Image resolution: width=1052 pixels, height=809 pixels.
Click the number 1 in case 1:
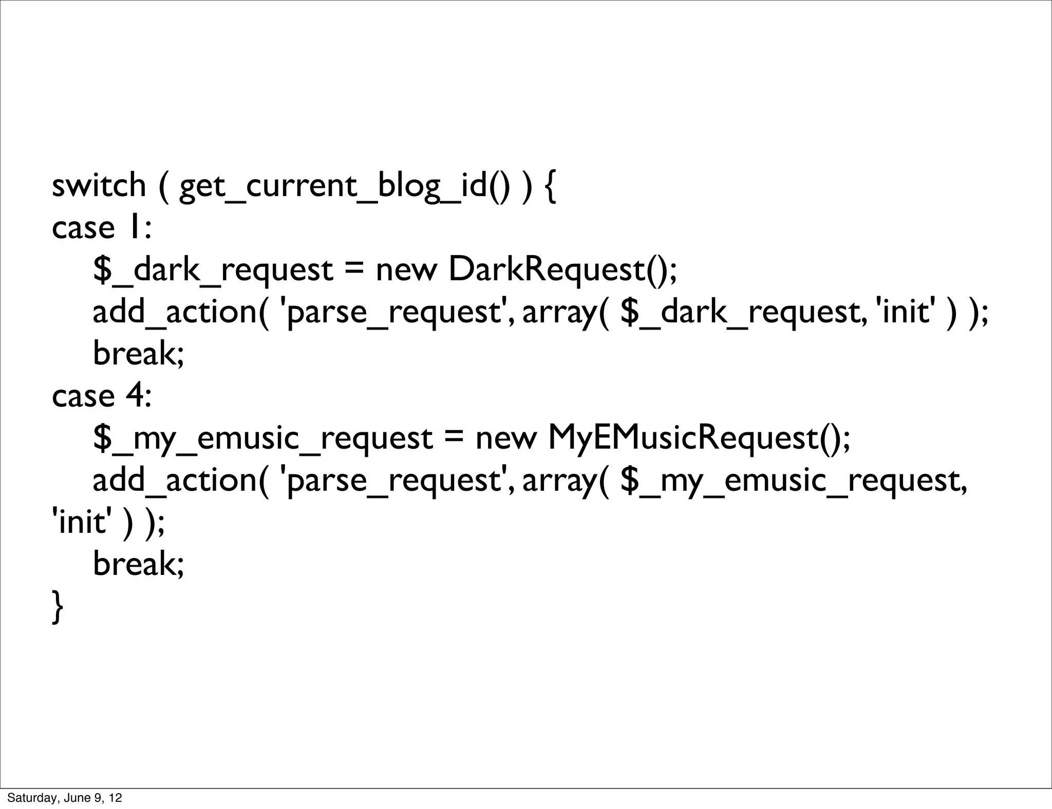133,227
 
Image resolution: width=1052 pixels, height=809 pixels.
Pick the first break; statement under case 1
138,354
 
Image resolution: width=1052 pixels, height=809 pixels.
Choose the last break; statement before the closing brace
138,564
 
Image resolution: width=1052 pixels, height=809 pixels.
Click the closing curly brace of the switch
58,607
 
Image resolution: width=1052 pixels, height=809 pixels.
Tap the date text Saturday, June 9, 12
65,798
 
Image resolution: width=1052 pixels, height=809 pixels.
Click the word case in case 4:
83,396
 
